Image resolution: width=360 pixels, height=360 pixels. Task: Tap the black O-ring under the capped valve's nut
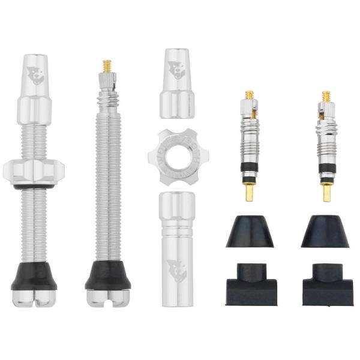tap(34, 186)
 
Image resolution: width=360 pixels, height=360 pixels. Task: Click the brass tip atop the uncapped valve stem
tap(107, 65)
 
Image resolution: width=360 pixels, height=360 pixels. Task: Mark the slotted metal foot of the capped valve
tap(34, 298)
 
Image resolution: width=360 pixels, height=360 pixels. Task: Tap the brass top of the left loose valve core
tap(250, 95)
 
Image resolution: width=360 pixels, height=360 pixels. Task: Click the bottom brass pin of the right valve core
tap(326, 192)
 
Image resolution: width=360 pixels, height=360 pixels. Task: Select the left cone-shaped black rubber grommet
tap(250, 232)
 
